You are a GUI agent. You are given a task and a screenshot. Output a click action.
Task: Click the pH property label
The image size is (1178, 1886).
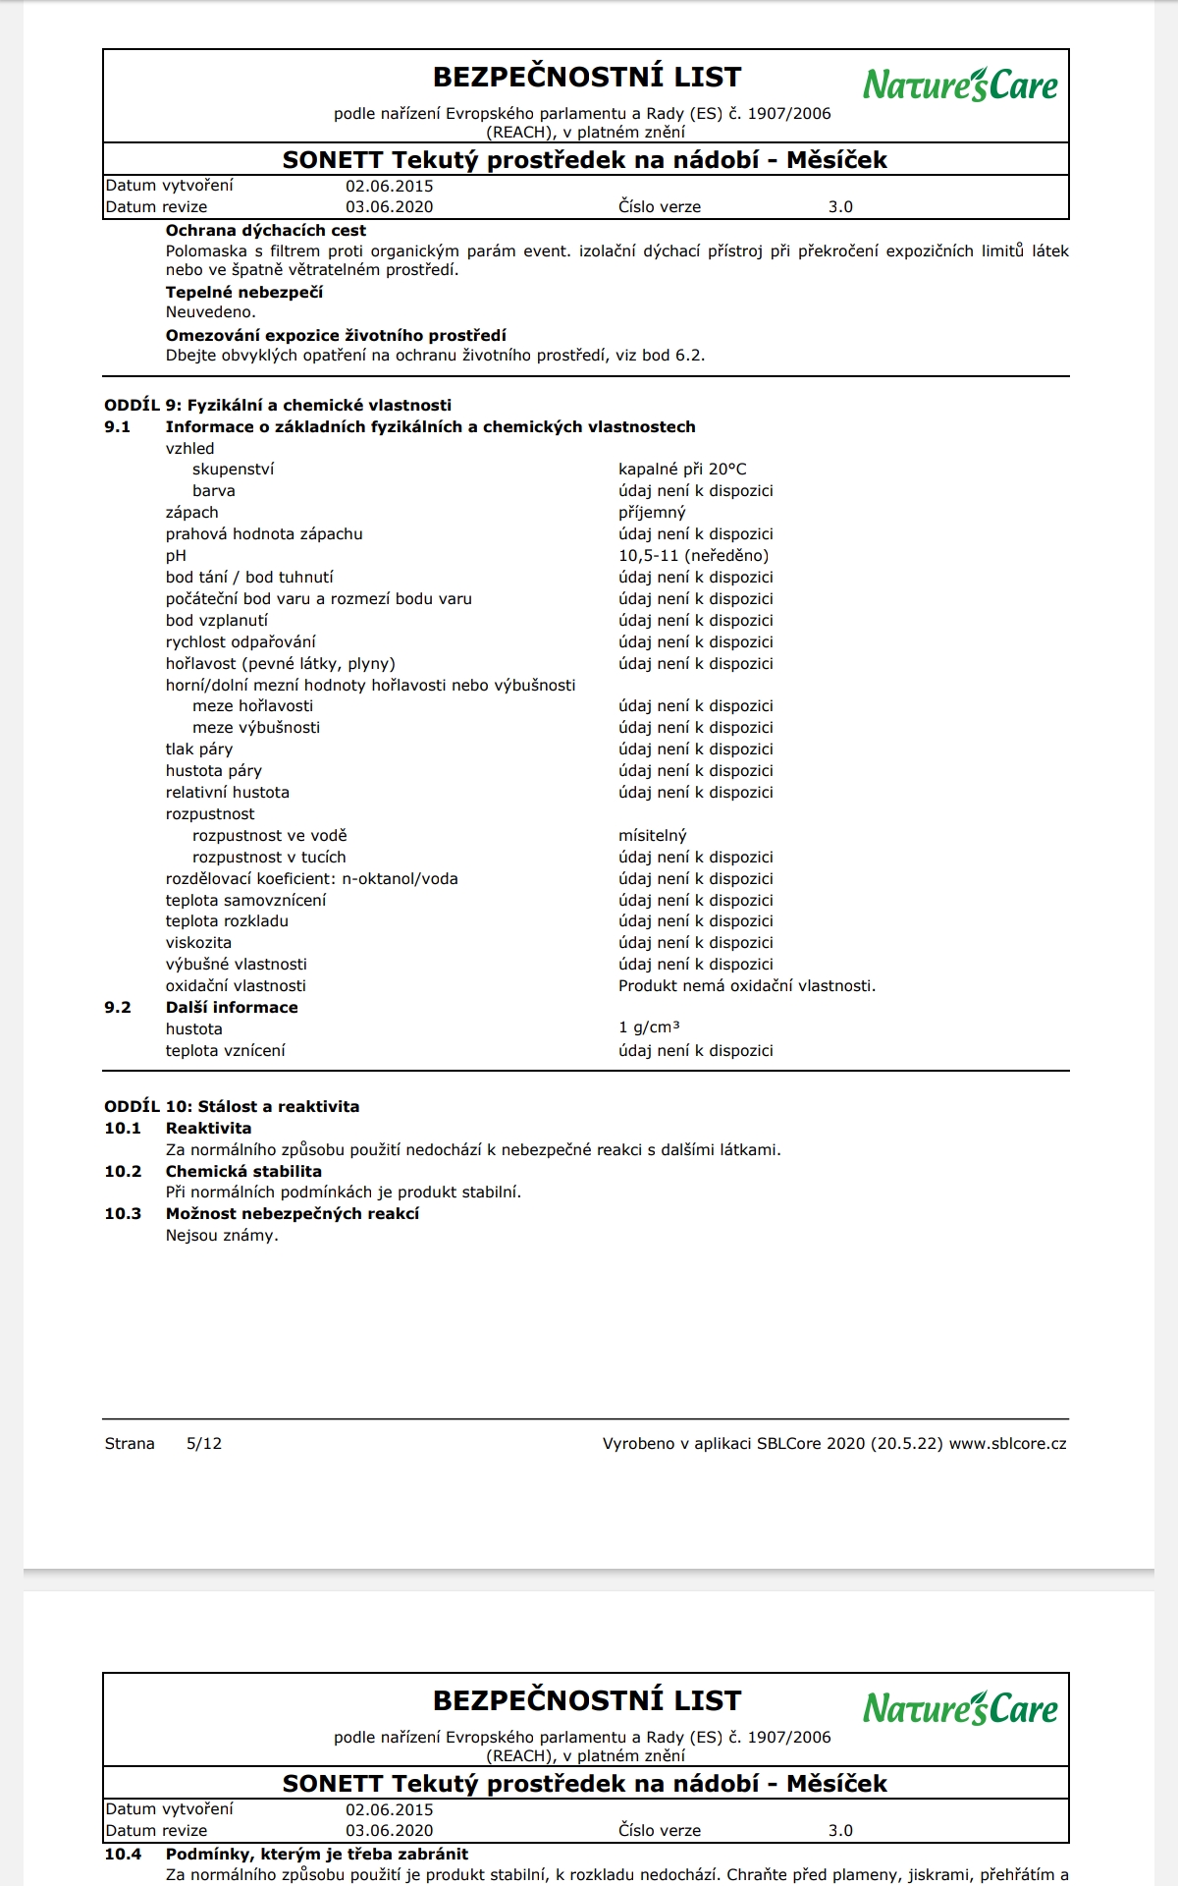pyautogui.click(x=176, y=556)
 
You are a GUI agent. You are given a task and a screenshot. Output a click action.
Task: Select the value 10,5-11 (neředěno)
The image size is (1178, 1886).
pyautogui.click(x=693, y=556)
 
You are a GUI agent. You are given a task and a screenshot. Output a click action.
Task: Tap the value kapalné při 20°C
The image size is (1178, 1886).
pyautogui.click(x=682, y=470)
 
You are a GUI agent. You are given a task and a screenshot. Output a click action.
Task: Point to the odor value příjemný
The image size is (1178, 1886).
pyautogui.click(x=652, y=513)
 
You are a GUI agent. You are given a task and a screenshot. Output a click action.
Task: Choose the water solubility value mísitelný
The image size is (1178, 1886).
pyautogui.click(x=652, y=836)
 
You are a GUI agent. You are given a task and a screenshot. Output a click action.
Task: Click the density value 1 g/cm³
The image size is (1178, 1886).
pyautogui.click(x=649, y=1027)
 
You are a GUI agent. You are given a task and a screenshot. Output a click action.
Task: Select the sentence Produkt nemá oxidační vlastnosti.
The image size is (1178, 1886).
pyautogui.click(x=746, y=986)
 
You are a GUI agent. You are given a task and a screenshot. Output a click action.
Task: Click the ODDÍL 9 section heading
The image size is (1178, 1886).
pyautogui.click(x=278, y=405)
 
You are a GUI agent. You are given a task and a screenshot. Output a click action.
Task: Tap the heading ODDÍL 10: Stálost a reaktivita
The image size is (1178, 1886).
pyautogui.click(x=232, y=1106)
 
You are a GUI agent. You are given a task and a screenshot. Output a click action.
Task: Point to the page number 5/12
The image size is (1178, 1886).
pyautogui.click(x=204, y=1444)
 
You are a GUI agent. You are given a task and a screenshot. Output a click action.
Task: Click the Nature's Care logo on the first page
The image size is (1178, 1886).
pyautogui.click(x=960, y=85)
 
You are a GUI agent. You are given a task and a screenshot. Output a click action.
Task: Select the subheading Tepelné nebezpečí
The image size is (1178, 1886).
pyautogui.click(x=243, y=293)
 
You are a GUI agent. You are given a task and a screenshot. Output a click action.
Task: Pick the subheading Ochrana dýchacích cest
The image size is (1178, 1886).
pyautogui.click(x=265, y=231)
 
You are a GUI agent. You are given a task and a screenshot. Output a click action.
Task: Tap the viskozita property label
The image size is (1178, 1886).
pyautogui.click(x=198, y=943)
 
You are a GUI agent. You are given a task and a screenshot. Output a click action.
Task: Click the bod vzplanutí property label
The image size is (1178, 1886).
pyautogui.click(x=216, y=621)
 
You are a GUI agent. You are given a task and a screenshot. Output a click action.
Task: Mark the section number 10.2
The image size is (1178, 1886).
pyautogui.click(x=123, y=1171)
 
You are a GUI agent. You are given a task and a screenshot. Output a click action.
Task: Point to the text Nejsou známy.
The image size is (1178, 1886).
pyautogui.click(x=222, y=1236)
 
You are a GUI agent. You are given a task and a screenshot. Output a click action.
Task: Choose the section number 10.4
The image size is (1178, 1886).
pyautogui.click(x=123, y=1854)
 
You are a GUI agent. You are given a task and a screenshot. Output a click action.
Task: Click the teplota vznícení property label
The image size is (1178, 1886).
pyautogui.click(x=225, y=1051)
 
